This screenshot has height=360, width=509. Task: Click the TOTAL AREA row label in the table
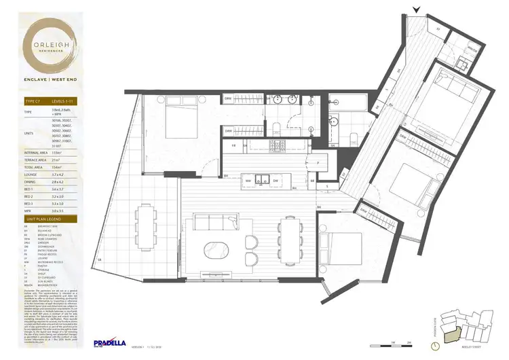click(x=34, y=167)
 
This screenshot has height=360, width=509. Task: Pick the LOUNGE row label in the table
click(x=31, y=175)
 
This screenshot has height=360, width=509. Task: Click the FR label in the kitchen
click(x=233, y=145)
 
